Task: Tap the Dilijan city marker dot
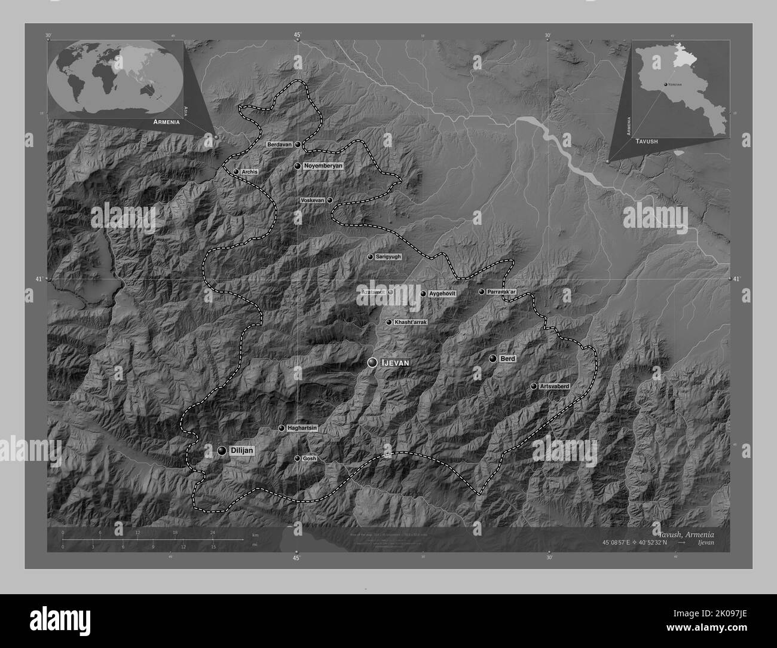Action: [222, 451]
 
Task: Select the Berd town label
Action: [507, 359]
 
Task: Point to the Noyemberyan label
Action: [323, 166]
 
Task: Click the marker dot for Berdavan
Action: [298, 145]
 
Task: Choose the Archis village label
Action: [250, 172]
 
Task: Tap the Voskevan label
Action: [313, 201]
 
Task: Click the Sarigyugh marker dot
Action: [371, 257]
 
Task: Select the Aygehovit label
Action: [442, 294]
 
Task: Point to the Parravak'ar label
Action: [501, 292]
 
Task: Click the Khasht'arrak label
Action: [410, 322]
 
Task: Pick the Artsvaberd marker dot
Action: [534, 387]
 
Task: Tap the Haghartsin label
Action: [301, 428]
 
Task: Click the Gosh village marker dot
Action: [298, 459]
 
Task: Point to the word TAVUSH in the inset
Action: [647, 141]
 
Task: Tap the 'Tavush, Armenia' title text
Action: [686, 534]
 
